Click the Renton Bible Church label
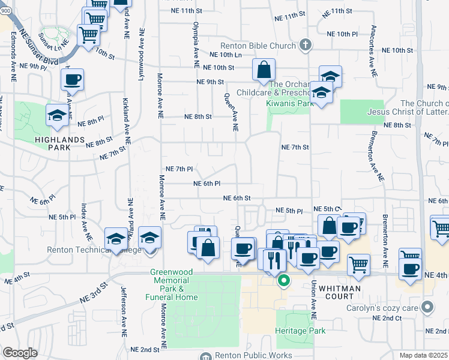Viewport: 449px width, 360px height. pos(259,44)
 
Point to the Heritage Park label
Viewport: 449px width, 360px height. pos(300,331)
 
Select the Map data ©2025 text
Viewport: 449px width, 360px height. pos(424,355)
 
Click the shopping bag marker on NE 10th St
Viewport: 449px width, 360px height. pos(264,70)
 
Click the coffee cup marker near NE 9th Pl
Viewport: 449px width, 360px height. pos(72,79)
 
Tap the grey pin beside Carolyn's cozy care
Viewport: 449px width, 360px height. pos(427,308)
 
